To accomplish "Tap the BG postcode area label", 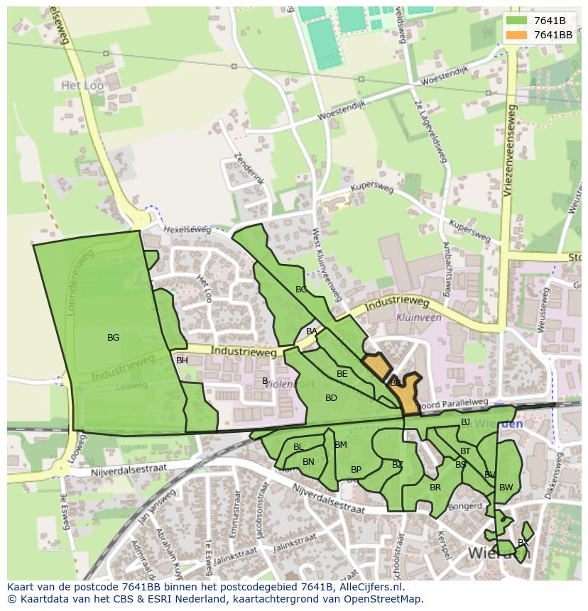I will tap(113, 338).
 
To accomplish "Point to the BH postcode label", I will tap(182, 360).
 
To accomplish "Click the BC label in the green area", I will tap(301, 290).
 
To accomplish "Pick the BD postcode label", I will tap(331, 398).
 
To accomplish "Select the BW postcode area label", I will tap(506, 488).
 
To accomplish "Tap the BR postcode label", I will tap(435, 488).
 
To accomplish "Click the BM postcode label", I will tap(341, 445).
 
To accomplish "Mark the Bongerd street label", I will tap(465, 507).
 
